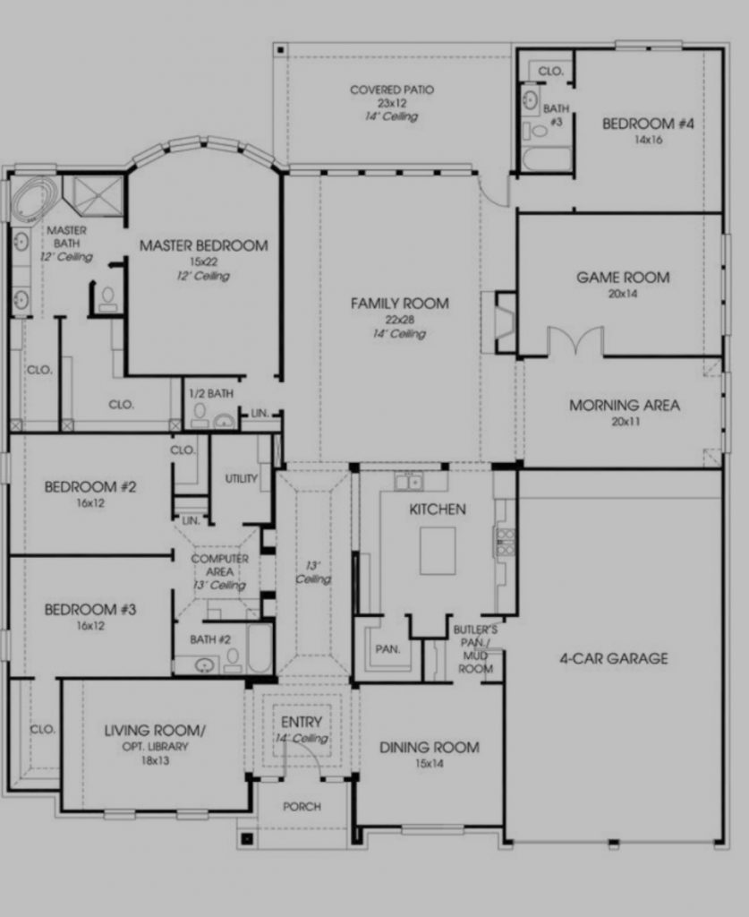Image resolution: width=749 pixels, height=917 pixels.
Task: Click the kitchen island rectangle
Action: coord(438,551)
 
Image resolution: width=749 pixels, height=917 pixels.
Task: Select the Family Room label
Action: coord(400,304)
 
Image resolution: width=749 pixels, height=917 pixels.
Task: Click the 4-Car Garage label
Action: coord(614,658)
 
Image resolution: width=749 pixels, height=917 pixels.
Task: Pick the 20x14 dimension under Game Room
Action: coord(623,294)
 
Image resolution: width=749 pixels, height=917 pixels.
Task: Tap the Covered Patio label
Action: coord(392,90)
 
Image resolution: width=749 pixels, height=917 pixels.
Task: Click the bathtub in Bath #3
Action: coord(546,159)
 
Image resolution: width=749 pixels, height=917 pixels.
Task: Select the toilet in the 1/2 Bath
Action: coord(200,414)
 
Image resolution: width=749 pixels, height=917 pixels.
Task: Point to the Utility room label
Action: coord(242,478)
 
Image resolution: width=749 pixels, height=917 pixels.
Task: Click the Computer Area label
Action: coord(219,565)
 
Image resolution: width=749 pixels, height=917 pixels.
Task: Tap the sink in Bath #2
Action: coord(204,665)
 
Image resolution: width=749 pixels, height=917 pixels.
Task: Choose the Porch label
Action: coord(302,807)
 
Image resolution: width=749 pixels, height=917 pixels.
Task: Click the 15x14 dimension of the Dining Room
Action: coord(430,763)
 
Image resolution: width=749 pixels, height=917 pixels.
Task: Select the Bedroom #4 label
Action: coord(648,124)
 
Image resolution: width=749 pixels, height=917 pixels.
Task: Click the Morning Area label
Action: coord(625,406)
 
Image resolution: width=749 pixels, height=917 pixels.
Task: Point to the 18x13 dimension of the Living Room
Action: coord(155,760)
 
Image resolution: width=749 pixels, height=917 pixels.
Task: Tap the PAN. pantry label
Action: coord(388,649)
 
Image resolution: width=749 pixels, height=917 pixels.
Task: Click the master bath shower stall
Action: coord(95,194)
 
